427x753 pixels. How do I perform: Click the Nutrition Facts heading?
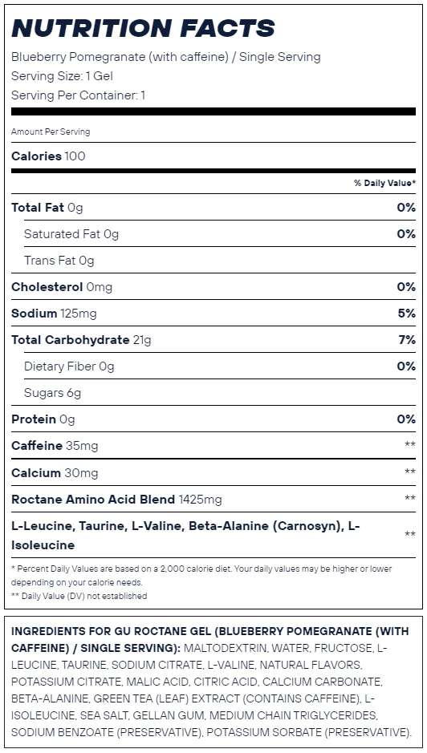point(143,28)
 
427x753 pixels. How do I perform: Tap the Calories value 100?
point(75,156)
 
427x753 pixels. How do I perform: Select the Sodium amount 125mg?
point(79,314)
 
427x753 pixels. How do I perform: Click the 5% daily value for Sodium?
point(406,314)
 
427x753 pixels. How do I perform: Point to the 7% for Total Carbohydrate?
point(407,340)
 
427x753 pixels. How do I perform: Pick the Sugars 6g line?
point(52,393)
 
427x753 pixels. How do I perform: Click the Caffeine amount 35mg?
point(82,446)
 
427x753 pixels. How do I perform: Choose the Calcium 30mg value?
point(81,473)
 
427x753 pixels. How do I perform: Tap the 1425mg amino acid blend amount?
point(200,500)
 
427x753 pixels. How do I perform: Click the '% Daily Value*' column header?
point(384,183)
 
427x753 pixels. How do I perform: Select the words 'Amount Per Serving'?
point(51,132)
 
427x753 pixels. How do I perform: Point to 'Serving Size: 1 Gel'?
point(62,76)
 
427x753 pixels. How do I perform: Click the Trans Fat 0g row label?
point(59,261)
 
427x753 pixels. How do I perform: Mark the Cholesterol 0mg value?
point(99,287)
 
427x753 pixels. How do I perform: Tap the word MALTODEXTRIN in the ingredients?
point(225,648)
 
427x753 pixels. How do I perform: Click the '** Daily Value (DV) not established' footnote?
point(79,596)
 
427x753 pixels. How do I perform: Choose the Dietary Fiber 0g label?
point(69,367)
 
